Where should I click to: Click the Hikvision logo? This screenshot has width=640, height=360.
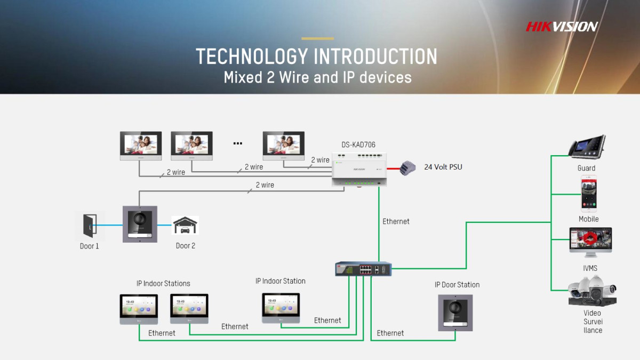coord(562,27)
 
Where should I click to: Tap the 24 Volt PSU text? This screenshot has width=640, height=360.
coord(443,167)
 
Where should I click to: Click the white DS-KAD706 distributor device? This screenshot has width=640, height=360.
coord(359,169)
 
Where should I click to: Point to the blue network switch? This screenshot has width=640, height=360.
coord(363,269)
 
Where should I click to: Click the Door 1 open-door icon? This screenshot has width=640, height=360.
coord(90,226)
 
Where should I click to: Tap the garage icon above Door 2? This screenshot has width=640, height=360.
coord(185,226)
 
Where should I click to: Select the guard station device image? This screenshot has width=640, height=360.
coord(586,147)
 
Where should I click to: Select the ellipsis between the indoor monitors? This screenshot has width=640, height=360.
coord(238,143)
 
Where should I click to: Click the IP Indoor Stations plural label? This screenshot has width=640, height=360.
coord(163,284)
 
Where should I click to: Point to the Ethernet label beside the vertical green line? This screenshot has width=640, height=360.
coord(396,221)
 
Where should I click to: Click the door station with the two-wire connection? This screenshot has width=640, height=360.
coord(140,224)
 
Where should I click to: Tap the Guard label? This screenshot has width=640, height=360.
coord(586,168)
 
